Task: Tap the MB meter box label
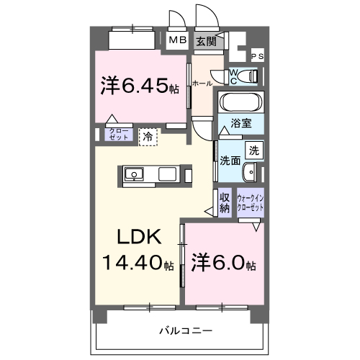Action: [177, 40]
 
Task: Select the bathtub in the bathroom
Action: [240, 101]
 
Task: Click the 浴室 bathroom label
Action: [240, 123]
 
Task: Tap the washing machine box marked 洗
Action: [254, 150]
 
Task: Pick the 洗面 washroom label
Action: [230, 160]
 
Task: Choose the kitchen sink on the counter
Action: [134, 174]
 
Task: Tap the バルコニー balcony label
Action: [185, 330]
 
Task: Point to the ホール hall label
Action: [202, 84]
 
